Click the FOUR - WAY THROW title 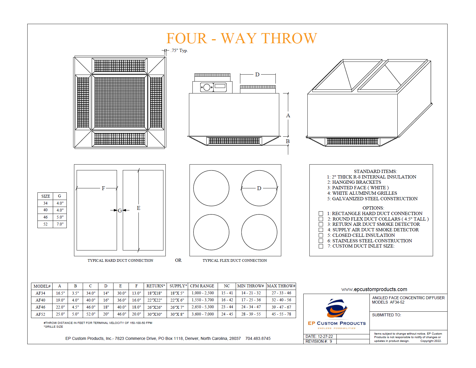(241, 38)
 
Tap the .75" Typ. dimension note (179, 50)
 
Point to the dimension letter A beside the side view (288, 116)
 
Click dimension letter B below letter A (288, 141)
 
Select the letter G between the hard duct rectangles (120, 210)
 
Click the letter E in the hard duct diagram (138, 208)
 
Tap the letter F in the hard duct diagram (103, 188)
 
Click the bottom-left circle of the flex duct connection (211, 232)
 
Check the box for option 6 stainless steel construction (321, 241)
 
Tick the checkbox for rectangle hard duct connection (321, 213)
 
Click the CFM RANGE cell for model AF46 (202, 307)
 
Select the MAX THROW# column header (281, 286)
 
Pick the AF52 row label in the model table (40, 314)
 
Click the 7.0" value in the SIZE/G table (60, 224)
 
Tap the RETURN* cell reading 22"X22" (154, 300)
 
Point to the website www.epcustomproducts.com (374, 289)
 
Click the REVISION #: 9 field (318, 341)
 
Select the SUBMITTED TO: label (386, 315)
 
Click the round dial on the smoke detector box (207, 87)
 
